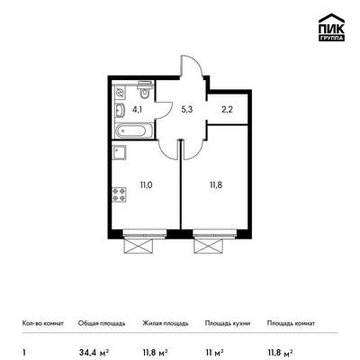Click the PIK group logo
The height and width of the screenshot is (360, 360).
pyautogui.click(x=331, y=27)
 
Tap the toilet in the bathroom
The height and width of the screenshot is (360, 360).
pyautogui.click(x=145, y=89)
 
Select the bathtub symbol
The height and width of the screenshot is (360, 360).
pyautogui.click(x=134, y=131)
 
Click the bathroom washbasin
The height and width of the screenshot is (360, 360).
pyautogui.click(x=121, y=110)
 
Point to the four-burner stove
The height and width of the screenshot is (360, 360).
pyautogui.click(x=119, y=194)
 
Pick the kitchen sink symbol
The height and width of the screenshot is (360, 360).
pyautogui.click(x=119, y=152)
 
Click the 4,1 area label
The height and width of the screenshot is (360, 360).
pyautogui.click(x=137, y=110)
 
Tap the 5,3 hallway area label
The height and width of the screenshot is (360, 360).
pyautogui.click(x=186, y=110)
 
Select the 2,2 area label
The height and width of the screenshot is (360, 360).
pyautogui.click(x=227, y=110)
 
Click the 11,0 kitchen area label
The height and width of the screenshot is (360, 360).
pyautogui.click(x=146, y=185)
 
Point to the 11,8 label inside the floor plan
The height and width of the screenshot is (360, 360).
pyautogui.click(x=216, y=185)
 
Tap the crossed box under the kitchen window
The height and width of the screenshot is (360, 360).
pyautogui.click(x=139, y=247)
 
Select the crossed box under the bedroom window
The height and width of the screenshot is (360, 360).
pyautogui.click(x=209, y=247)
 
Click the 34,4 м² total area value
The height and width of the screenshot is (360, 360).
pyautogui.click(x=94, y=352)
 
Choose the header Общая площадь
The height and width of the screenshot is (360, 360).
pyautogui.click(x=102, y=323)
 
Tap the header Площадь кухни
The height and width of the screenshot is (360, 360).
pyautogui.click(x=228, y=323)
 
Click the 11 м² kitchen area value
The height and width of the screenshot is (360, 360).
pyautogui.click(x=214, y=352)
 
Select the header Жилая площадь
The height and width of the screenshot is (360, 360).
pyautogui.click(x=166, y=323)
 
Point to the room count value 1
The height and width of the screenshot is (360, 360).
pyautogui.click(x=24, y=352)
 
